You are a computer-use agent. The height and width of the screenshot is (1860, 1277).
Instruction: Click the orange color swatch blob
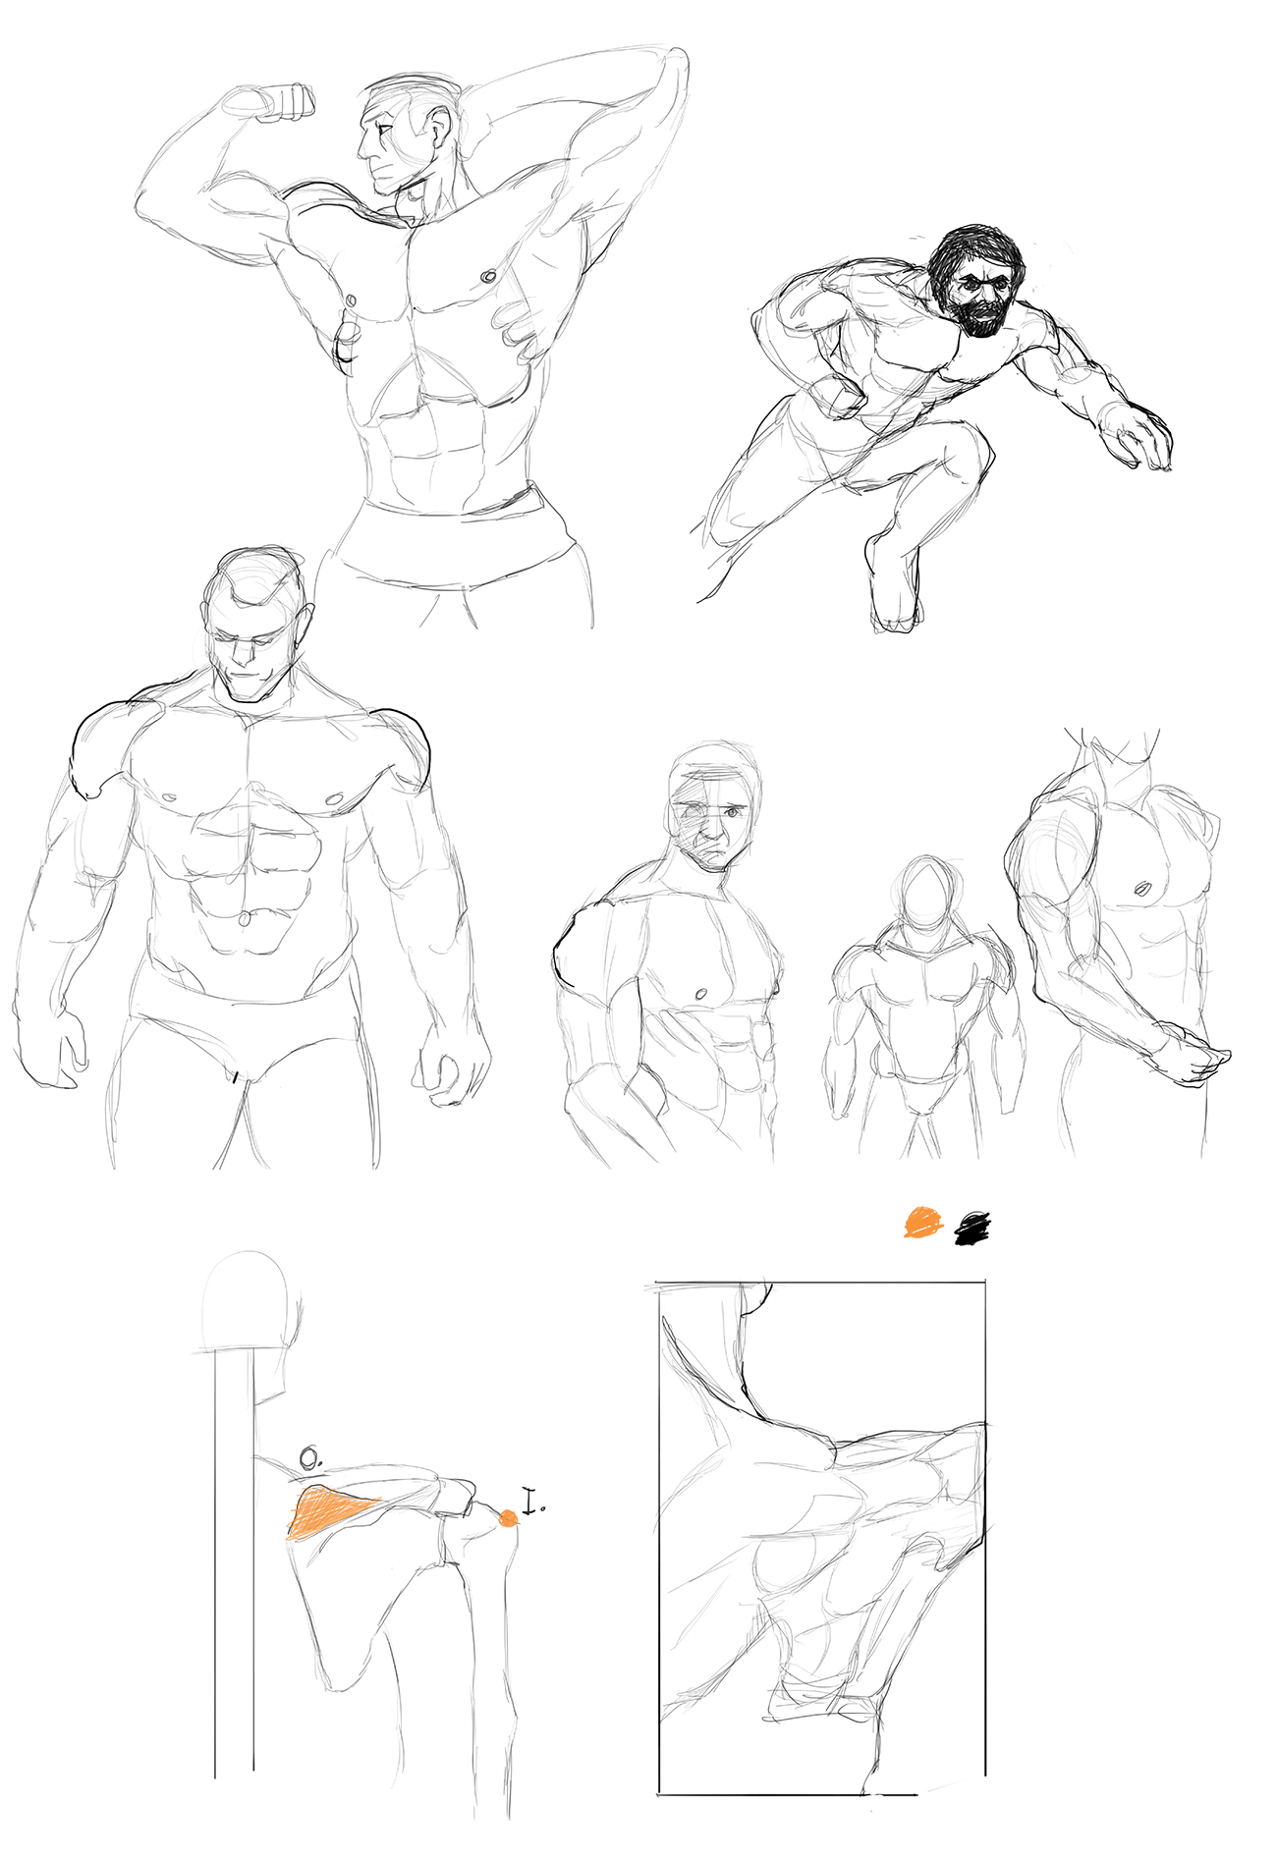tap(923, 1223)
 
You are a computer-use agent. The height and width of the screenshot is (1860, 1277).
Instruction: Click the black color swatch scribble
tap(972, 1229)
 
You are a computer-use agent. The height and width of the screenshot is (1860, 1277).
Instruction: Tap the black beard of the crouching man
tap(978, 312)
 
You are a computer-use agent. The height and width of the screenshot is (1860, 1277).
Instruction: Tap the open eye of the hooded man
tap(732, 812)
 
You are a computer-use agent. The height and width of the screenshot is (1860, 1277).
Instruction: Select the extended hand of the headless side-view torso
tap(1192, 1056)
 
